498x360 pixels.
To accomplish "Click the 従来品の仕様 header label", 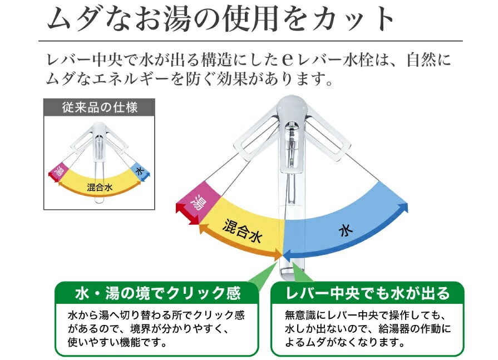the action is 100,107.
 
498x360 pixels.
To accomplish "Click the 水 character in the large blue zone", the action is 346,231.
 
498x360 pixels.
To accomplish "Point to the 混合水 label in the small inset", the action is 100,188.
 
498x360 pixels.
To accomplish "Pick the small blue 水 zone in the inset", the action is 139,171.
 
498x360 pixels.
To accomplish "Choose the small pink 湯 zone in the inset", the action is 58,171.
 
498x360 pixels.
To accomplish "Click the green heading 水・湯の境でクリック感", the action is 158,293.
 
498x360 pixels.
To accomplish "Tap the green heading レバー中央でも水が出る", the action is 367,293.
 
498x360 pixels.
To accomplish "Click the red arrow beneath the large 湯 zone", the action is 187,215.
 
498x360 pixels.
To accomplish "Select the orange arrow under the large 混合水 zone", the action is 240,244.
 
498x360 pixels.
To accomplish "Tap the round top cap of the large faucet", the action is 291,105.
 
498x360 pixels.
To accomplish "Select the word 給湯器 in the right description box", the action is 393,329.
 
